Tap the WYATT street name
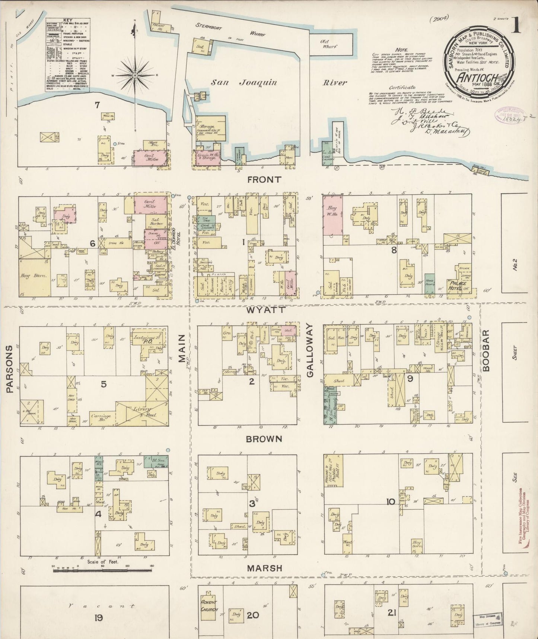265,309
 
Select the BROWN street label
264,439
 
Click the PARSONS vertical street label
10,369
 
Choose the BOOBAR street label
488,350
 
